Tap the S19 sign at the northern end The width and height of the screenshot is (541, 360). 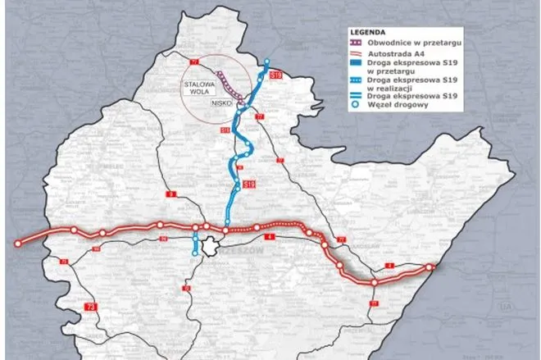tap(275, 75)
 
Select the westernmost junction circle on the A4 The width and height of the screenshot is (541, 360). tap(16, 243)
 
